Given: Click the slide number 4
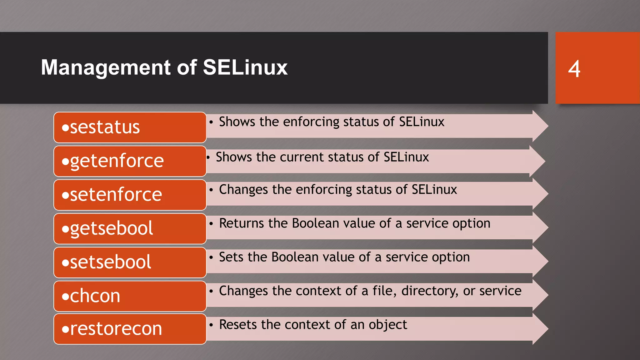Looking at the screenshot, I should (574, 69).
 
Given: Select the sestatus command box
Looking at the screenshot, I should (130, 127).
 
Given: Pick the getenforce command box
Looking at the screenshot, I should (130, 161).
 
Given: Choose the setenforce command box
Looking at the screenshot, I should (130, 195).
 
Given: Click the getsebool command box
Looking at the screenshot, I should (130, 228).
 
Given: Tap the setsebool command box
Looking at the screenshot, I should (130, 262).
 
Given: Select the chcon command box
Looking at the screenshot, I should (130, 296).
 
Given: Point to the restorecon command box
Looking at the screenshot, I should (130, 329).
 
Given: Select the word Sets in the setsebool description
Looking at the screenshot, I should (232, 257).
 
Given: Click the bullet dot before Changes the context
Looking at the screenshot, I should (211, 291).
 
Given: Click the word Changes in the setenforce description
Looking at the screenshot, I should (243, 190).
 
